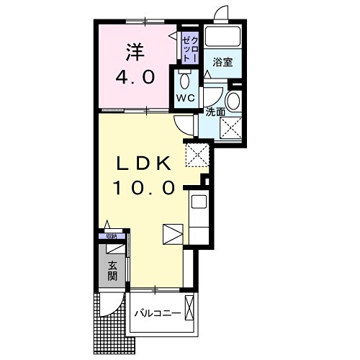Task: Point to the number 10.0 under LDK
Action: click(144, 189)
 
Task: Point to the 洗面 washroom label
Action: click(215, 112)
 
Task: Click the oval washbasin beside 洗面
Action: click(235, 100)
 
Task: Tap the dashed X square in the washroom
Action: click(230, 127)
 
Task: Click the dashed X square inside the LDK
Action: click(196, 153)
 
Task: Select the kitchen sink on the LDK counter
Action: click(198, 201)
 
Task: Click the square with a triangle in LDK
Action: click(173, 235)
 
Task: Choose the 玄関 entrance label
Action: click(112, 271)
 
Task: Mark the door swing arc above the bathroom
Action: click(222, 14)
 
